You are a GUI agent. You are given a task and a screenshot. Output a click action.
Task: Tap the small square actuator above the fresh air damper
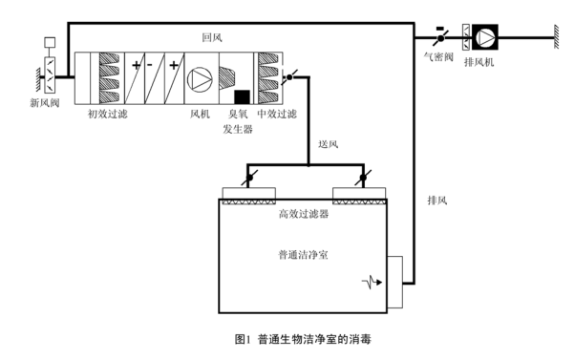pyautogui.click(x=50, y=42)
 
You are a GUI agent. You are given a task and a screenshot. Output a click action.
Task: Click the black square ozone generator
pyautogui.click(x=242, y=95)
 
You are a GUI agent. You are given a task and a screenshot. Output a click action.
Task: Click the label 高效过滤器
pyautogui.click(x=304, y=215)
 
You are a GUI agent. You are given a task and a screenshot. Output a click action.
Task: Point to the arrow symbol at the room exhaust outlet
pyautogui.click(x=375, y=283)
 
